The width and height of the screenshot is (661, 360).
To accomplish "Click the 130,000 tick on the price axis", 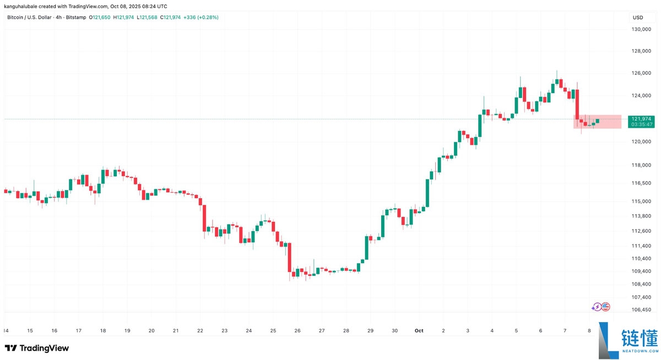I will pyautogui.click(x=641, y=29).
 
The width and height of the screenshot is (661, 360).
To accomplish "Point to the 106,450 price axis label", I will pyautogui.click(x=641, y=309).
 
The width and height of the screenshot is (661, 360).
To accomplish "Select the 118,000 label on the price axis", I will pyautogui.click(x=641, y=165).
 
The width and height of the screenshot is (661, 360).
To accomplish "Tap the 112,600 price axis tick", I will pyautogui.click(x=641, y=231).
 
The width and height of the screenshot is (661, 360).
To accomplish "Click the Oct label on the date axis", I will pyautogui.click(x=419, y=331).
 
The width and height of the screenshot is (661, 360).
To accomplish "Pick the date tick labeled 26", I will pyautogui.click(x=297, y=331).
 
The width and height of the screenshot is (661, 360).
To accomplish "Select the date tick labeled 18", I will pyautogui.click(x=103, y=331).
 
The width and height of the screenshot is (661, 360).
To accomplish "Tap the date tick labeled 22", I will pyautogui.click(x=200, y=331).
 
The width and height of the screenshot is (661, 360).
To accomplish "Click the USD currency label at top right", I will pyautogui.click(x=638, y=17).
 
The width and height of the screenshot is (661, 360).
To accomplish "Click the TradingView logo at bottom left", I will pyautogui.click(x=37, y=348).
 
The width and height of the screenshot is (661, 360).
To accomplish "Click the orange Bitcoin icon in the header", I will pyautogui.click(x=3, y=17).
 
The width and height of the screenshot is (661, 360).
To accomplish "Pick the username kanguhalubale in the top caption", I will pyautogui.click(x=21, y=6).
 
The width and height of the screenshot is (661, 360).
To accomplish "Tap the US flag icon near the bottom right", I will pyautogui.click(x=605, y=307).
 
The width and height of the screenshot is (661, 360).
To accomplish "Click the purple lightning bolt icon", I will pyautogui.click(x=597, y=307).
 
